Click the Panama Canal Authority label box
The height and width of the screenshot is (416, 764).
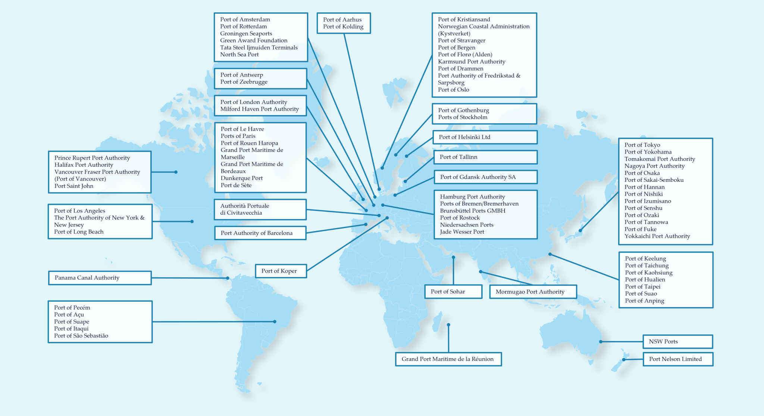coord(100,278)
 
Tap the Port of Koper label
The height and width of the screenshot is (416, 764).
coord(281,271)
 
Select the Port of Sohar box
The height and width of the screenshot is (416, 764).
coord(453,291)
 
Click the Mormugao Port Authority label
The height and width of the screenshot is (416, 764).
coord(533,292)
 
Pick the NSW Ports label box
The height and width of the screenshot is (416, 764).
coord(677,341)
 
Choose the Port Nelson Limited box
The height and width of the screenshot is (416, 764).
coord(678,359)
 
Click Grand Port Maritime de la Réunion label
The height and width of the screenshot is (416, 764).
coord(448,359)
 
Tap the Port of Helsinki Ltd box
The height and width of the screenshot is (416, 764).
coord(485,137)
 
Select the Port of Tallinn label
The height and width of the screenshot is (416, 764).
coord(485,157)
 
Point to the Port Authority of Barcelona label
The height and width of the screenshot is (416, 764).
coord(260,233)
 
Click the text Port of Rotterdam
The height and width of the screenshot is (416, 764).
coord(243,26)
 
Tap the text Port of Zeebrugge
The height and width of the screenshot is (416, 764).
coord(244,82)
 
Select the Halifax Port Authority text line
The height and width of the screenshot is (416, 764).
coord(84,165)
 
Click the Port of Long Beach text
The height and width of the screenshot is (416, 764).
coord(79,232)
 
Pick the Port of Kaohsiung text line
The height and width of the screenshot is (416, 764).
coord(649,272)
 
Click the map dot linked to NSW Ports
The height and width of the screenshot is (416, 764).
coord(601,341)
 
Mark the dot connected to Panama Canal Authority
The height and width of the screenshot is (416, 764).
coord(228,278)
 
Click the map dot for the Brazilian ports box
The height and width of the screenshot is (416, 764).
coord(275,321)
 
